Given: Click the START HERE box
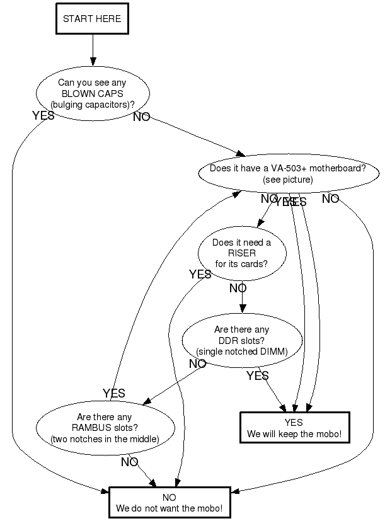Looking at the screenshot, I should [92, 19].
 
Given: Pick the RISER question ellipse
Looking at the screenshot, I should [241, 253].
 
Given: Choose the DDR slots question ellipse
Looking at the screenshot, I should [241, 340].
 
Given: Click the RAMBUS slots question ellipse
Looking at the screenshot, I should [105, 427].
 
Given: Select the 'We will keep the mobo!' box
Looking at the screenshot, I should [294, 428].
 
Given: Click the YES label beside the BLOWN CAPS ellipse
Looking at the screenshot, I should [43, 115].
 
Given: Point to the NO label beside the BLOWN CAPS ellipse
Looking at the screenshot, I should [142, 117].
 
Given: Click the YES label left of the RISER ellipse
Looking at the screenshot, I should [200, 274].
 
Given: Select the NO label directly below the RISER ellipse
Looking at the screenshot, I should [238, 289].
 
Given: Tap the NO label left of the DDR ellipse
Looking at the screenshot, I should [197, 364].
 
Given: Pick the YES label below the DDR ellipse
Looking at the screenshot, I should [257, 376].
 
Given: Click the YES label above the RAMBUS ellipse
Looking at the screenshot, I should [114, 393].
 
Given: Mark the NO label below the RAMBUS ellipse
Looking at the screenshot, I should [129, 462].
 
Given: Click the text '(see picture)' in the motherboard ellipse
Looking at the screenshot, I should [287, 180].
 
